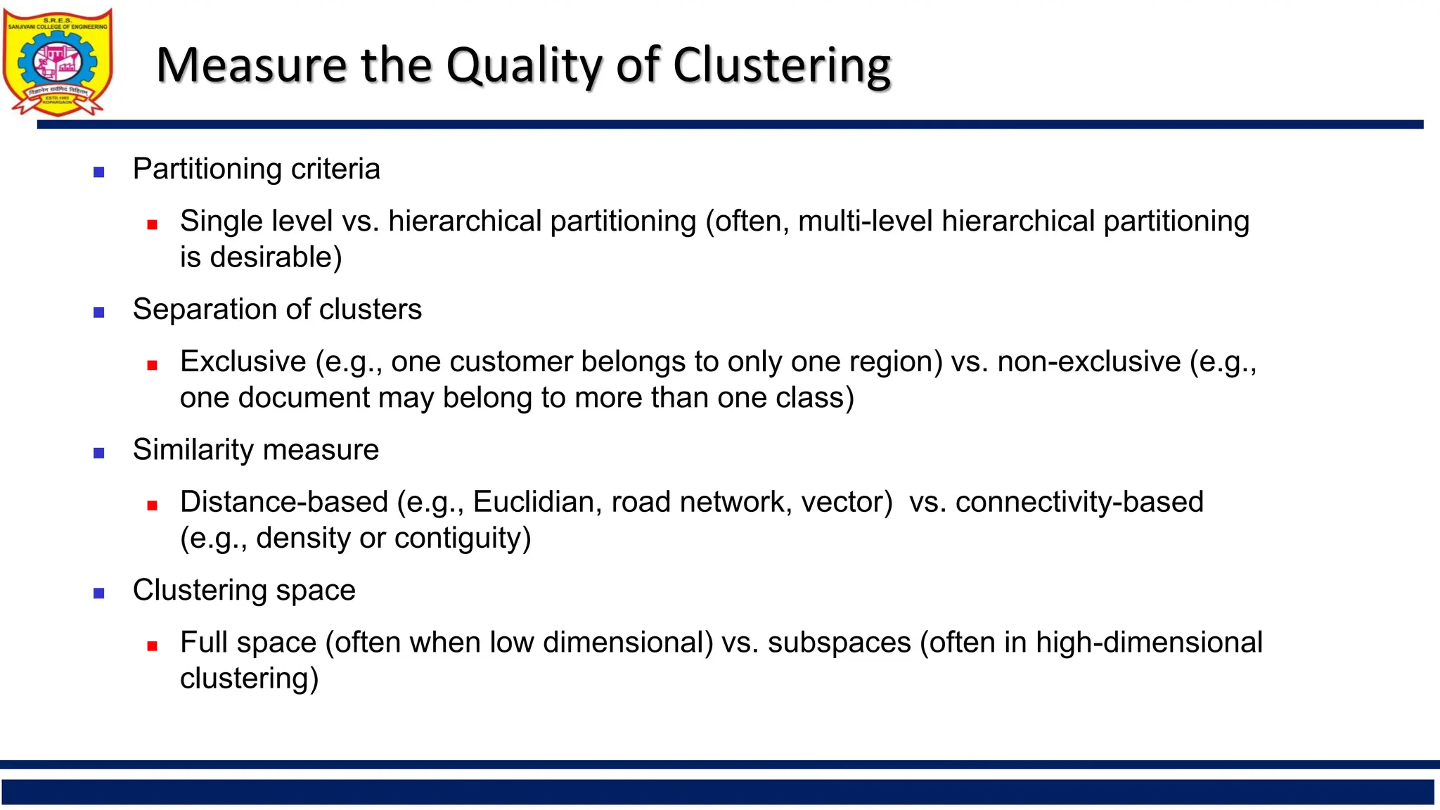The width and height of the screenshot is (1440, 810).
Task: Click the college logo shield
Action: tap(58, 62)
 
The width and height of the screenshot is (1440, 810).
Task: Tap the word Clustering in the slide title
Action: tap(782, 65)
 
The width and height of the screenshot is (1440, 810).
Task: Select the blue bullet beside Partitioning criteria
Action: tap(99, 172)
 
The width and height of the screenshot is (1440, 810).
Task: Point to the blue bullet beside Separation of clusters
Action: tap(99, 312)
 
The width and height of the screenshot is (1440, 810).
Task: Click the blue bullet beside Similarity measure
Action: tap(99, 453)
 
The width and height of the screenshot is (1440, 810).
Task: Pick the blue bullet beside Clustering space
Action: tap(99, 593)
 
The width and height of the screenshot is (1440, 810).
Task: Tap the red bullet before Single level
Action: tap(152, 225)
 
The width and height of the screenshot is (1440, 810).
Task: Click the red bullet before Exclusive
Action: tap(152, 365)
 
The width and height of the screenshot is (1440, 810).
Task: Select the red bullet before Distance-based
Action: tap(152, 505)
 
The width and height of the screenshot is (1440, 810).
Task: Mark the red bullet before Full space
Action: tap(152, 645)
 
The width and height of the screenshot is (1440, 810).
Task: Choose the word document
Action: tap(303, 398)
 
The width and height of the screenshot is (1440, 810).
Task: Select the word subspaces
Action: tap(839, 643)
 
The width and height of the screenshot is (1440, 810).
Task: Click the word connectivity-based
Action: tap(1079, 502)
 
